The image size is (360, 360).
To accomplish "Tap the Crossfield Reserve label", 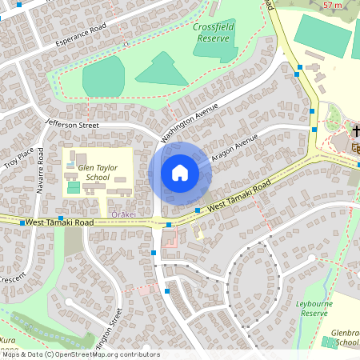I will pyautogui.click(x=212, y=32).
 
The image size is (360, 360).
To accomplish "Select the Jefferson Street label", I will pyautogui.click(x=72, y=125).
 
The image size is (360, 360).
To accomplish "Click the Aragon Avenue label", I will pyautogui.click(x=235, y=150).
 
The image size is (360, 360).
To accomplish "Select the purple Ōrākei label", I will pyautogui.click(x=125, y=214).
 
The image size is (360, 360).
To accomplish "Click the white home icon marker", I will pyautogui.click(x=179, y=173).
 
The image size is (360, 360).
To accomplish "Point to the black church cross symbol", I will pyautogui.click(x=354, y=129).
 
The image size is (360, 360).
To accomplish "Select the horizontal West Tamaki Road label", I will pyautogui.click(x=59, y=222).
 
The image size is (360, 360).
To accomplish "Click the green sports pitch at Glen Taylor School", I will pyautogui.click(x=74, y=187).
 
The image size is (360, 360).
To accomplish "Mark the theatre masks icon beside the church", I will pyautogui.click(x=354, y=146).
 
